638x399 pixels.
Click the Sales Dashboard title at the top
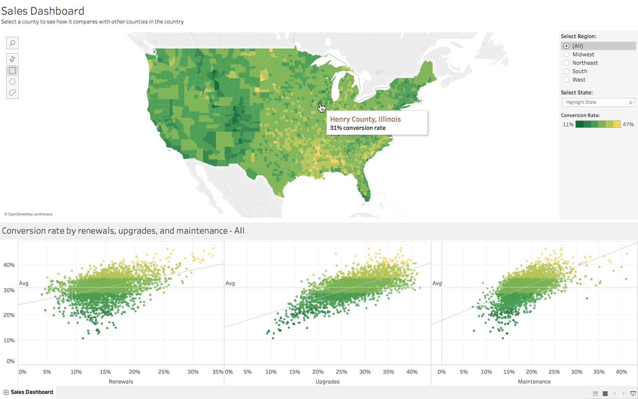click(43, 11)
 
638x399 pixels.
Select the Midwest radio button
click(566, 54)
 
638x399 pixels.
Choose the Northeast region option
click(566, 63)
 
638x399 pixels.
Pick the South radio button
click(566, 71)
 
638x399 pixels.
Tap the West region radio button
click(566, 79)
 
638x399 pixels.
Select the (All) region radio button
click(566, 46)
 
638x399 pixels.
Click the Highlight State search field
click(596, 103)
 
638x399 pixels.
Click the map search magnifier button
click(12, 43)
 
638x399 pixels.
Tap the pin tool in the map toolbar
click(12, 59)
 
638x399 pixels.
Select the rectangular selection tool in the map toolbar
click(12, 71)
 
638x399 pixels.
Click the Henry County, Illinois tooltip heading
click(365, 119)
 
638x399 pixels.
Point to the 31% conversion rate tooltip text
click(358, 128)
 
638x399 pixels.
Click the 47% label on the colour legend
click(628, 124)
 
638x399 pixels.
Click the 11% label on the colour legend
click(568, 124)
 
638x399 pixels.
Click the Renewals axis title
click(121, 381)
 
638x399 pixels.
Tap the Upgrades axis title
click(327, 381)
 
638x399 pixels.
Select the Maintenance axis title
click(534, 381)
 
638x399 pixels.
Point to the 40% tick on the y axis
click(9, 265)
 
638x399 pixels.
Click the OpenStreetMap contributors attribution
click(28, 214)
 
